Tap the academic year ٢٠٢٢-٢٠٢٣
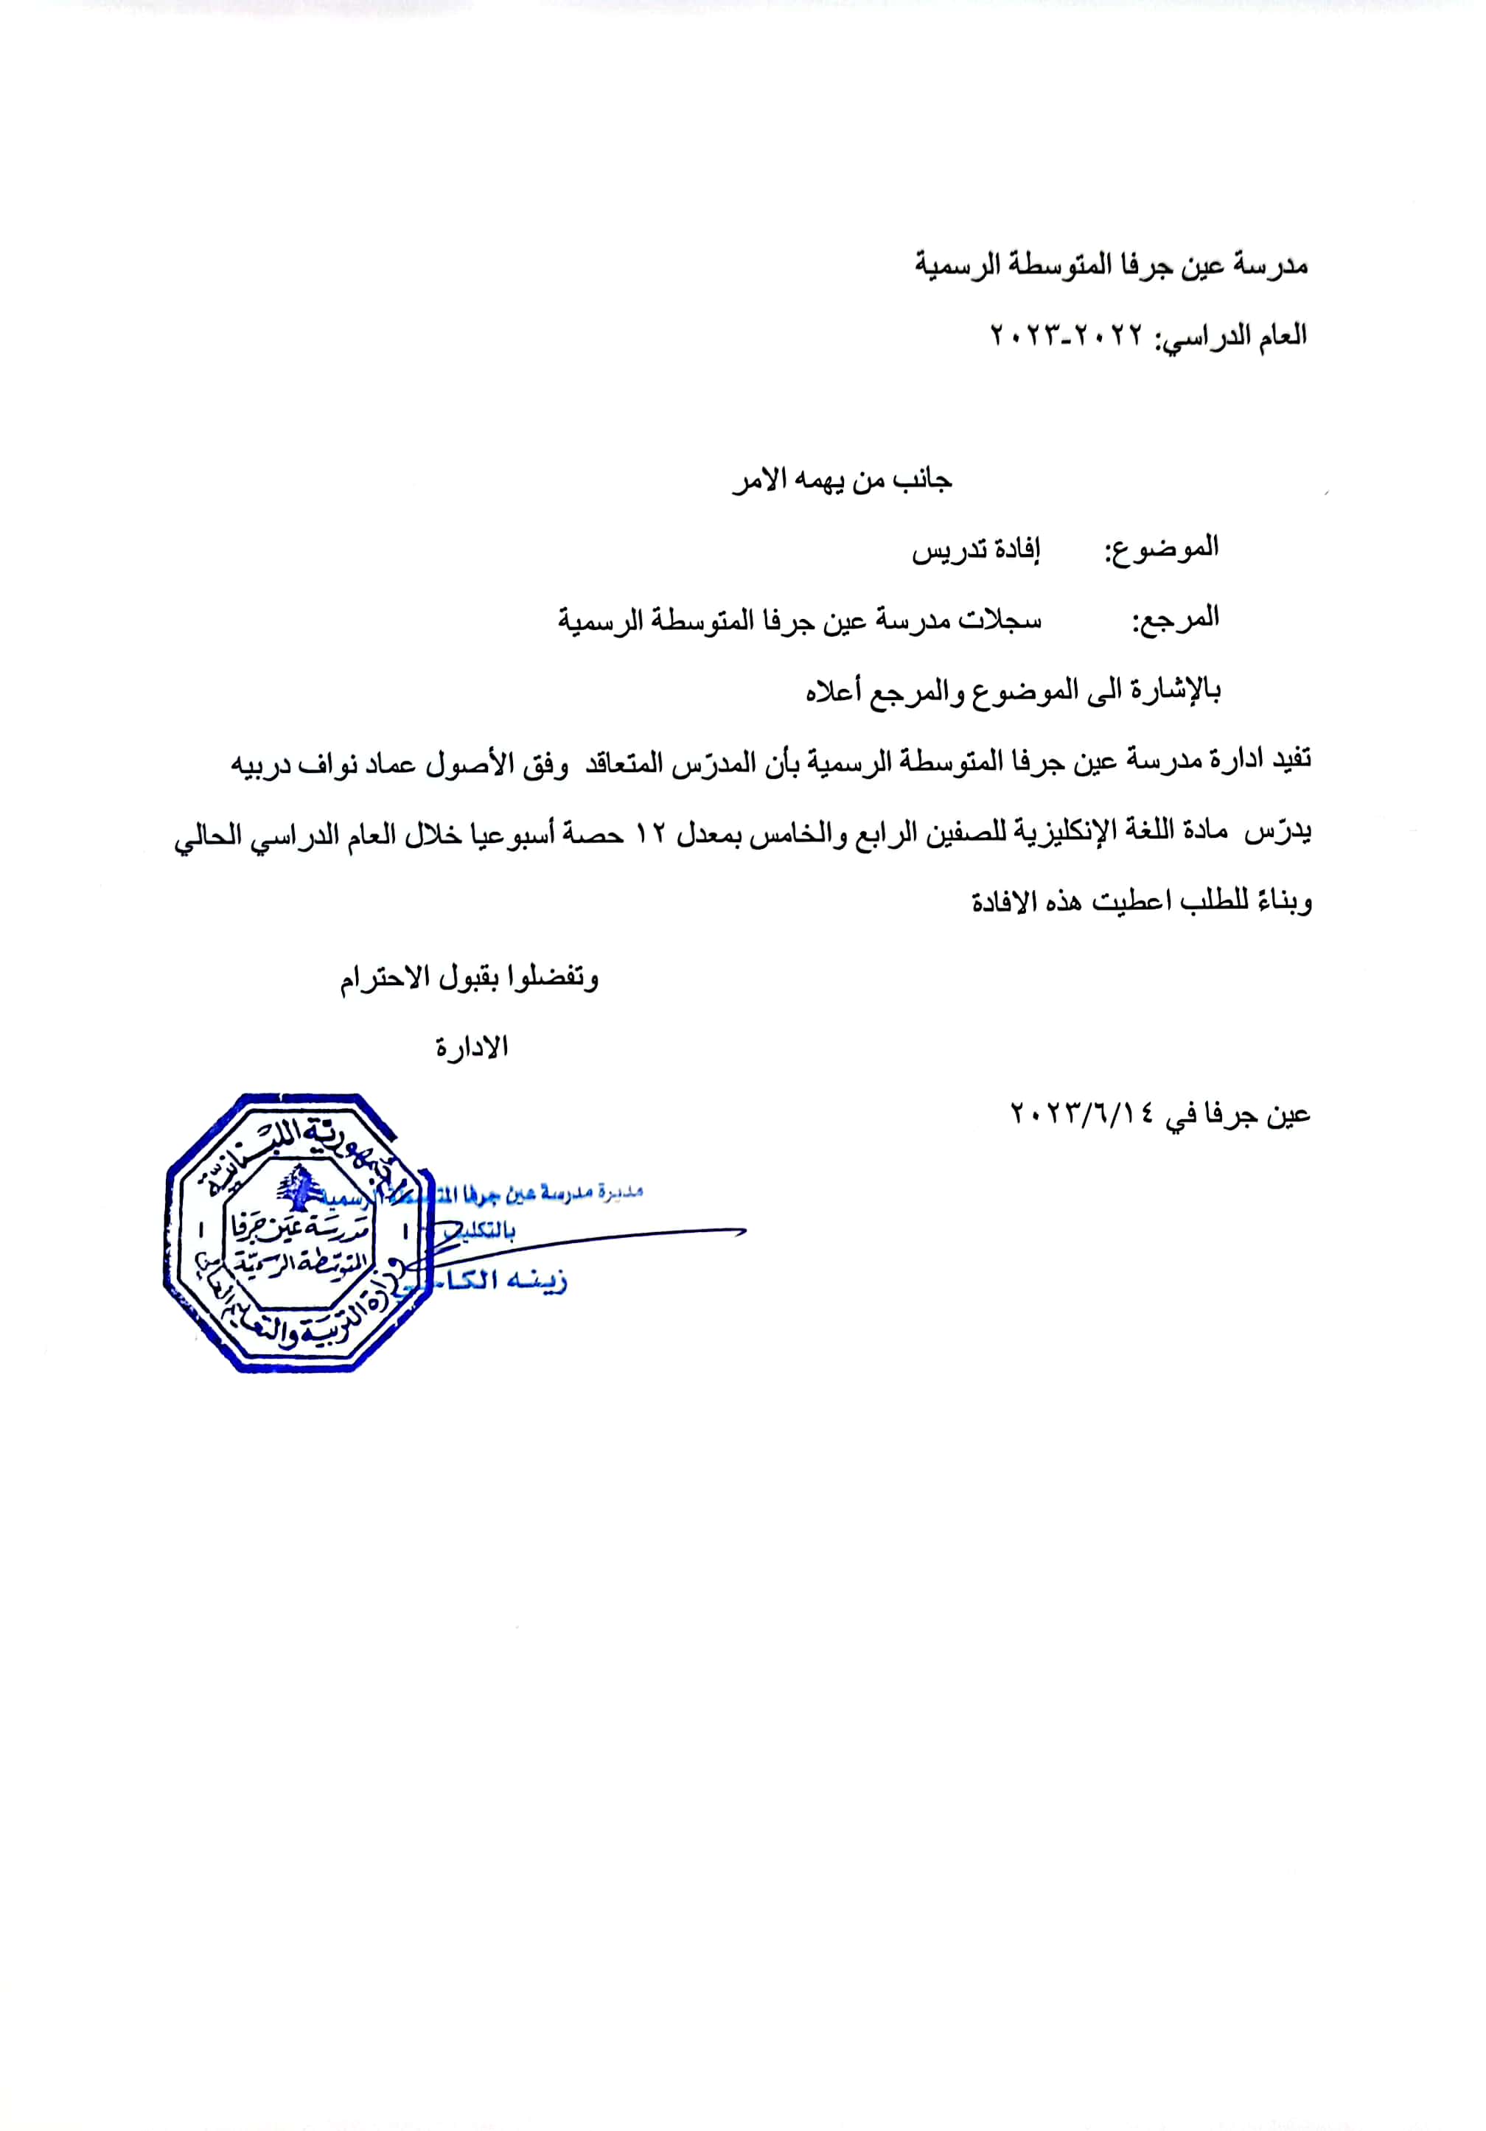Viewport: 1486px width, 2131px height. (x=1067, y=336)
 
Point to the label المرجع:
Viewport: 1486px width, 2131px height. (x=1174, y=619)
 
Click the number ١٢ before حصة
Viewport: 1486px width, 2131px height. (x=651, y=834)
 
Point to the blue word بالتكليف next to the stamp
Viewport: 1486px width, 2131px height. (x=482, y=1231)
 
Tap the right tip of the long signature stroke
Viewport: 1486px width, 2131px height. (x=744, y=1231)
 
